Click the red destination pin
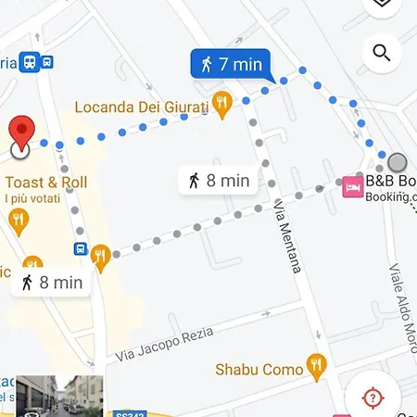click(x=21, y=130)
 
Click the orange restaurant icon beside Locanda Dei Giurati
click(x=221, y=103)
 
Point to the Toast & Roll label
click(x=46, y=182)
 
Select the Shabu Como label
click(x=259, y=369)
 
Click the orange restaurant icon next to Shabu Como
click(x=317, y=368)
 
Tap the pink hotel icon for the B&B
click(x=352, y=186)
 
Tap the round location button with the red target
click(x=373, y=398)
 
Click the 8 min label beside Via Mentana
click(x=219, y=181)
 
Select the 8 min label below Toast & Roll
click(x=52, y=283)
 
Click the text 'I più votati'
click(x=32, y=198)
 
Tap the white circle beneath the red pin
click(x=20, y=148)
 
